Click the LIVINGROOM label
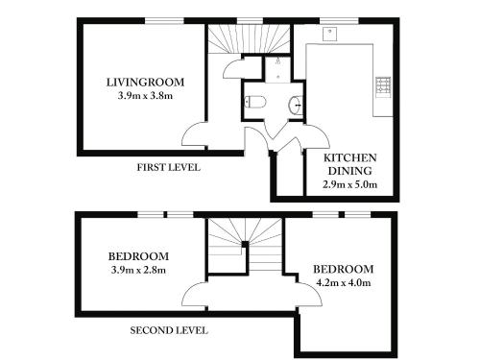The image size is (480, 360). [x=145, y=83]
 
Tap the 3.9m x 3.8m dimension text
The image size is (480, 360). [x=145, y=96]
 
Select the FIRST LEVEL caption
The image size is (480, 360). [x=169, y=167]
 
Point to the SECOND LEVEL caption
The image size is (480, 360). [x=169, y=330]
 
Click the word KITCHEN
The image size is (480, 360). [x=350, y=157]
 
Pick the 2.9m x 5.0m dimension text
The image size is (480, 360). [x=350, y=184]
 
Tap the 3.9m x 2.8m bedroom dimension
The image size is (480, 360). [x=138, y=270]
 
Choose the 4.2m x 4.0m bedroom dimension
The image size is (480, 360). [x=344, y=283]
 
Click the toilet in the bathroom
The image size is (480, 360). [x=255, y=102]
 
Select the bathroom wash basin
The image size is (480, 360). [x=296, y=104]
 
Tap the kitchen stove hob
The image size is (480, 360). [x=383, y=86]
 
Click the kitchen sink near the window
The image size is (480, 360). [x=329, y=34]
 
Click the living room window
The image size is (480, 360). [x=165, y=21]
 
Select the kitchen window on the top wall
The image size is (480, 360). [x=340, y=21]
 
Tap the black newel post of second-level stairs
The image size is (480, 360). [x=245, y=244]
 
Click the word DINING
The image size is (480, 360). [x=350, y=171]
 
